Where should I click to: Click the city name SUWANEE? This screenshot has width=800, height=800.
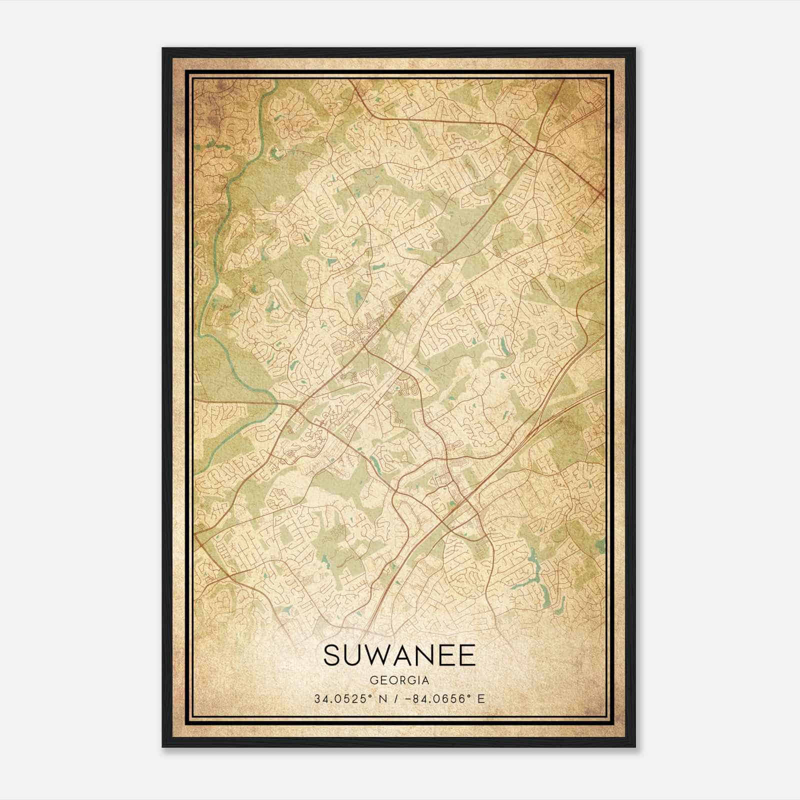[x=399, y=655]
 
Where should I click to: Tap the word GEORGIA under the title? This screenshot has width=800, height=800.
[x=399, y=680]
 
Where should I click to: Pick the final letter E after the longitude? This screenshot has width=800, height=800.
[x=481, y=699]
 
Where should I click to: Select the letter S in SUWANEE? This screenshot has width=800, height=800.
[x=332, y=655]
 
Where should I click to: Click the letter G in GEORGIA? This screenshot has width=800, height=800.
[x=373, y=680]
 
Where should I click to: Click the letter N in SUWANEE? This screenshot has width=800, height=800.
[x=424, y=655]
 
